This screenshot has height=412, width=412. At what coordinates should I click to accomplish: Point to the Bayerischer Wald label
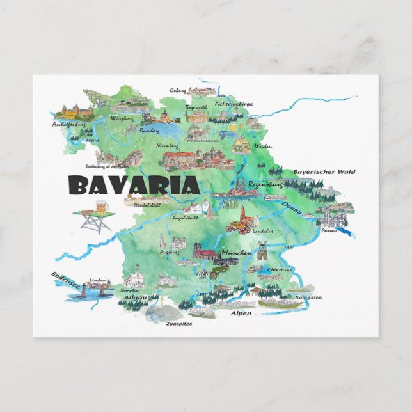coord(324,171)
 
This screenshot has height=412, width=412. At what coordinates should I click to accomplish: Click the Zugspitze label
coord(178,324)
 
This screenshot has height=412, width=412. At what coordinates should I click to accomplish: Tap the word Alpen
coord(241,314)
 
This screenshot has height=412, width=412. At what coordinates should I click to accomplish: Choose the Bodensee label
coord(66,281)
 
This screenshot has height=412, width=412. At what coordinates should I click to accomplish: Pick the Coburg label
coord(178,90)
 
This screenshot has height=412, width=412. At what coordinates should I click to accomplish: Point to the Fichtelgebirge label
coord(234,103)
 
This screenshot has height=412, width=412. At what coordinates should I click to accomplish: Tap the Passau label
coord(329,229)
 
